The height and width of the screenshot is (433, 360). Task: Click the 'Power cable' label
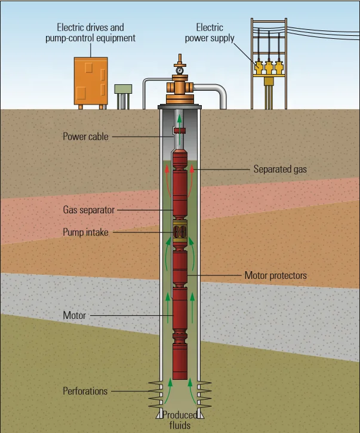click(x=86, y=136)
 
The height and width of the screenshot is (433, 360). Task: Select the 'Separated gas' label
click(x=279, y=169)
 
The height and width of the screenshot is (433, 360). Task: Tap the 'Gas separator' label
click(x=89, y=210)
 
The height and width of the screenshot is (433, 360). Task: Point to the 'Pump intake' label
click(x=86, y=232)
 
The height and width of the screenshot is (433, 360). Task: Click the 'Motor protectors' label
click(x=275, y=275)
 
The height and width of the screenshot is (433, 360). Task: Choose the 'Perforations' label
click(x=85, y=391)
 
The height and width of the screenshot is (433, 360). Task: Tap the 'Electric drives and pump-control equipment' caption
click(x=96, y=33)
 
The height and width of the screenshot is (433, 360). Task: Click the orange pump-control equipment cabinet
click(x=90, y=81)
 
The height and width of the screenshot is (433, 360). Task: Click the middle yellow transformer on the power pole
click(x=269, y=66)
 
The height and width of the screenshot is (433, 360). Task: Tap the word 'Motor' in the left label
click(x=75, y=315)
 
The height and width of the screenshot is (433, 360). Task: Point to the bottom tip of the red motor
click(x=180, y=378)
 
